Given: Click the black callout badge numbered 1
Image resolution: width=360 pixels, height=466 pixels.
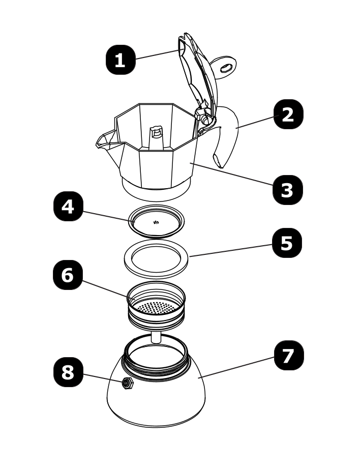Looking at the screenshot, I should pyautogui.click(x=120, y=60).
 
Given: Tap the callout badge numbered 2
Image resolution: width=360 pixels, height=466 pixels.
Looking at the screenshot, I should pyautogui.click(x=288, y=114).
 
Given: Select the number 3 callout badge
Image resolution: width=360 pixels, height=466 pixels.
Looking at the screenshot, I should pyautogui.click(x=287, y=190).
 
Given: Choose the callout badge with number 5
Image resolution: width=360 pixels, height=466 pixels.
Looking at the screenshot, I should pyautogui.click(x=287, y=243).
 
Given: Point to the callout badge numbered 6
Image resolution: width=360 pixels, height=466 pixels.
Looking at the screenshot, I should pyautogui.click(x=68, y=275).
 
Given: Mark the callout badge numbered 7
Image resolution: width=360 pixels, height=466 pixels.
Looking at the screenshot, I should pyautogui.click(x=288, y=355).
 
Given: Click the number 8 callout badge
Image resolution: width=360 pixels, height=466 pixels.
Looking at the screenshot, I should pyautogui.click(x=68, y=372).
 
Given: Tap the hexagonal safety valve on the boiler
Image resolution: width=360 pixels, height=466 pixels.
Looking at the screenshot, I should pyautogui.click(x=126, y=384).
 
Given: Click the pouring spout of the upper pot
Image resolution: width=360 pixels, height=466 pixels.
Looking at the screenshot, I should pyautogui.click(x=106, y=140).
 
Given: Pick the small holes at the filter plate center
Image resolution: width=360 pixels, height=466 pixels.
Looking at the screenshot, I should pyautogui.click(x=157, y=222).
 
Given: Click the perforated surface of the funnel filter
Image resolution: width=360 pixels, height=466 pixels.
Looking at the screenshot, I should pyautogui.click(x=156, y=307).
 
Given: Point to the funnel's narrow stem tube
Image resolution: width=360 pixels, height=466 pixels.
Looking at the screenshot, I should pyautogui.click(x=156, y=336).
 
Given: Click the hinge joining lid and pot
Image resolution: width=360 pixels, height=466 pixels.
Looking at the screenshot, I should pyautogui.click(x=205, y=118).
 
